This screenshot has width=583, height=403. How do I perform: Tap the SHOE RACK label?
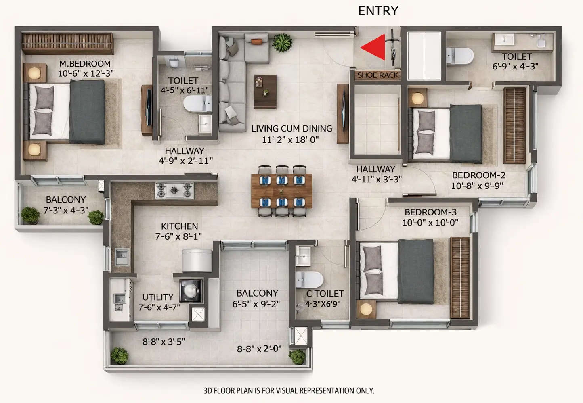click(x=377, y=75)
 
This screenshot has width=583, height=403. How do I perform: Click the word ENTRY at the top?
click(x=378, y=10)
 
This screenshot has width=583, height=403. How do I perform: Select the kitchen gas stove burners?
click(x=174, y=190)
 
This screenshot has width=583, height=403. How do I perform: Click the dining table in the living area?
click(x=281, y=191)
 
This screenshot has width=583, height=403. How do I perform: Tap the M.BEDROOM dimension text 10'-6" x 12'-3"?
click(x=86, y=73)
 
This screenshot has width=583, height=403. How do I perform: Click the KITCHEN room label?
click(x=179, y=226)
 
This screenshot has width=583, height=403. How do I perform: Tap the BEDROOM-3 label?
click(x=430, y=212)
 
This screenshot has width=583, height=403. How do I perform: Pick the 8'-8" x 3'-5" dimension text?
click(x=164, y=342)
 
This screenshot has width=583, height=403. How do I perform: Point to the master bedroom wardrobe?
click(x=67, y=44)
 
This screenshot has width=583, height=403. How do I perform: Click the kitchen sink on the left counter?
click(x=122, y=255)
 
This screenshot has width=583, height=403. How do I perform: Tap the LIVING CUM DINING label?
click(x=291, y=129)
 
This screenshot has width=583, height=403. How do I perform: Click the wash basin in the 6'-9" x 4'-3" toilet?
click(x=504, y=40)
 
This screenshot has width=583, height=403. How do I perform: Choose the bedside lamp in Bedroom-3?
click(x=366, y=309)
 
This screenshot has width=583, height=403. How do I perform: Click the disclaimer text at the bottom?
click(x=289, y=390)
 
